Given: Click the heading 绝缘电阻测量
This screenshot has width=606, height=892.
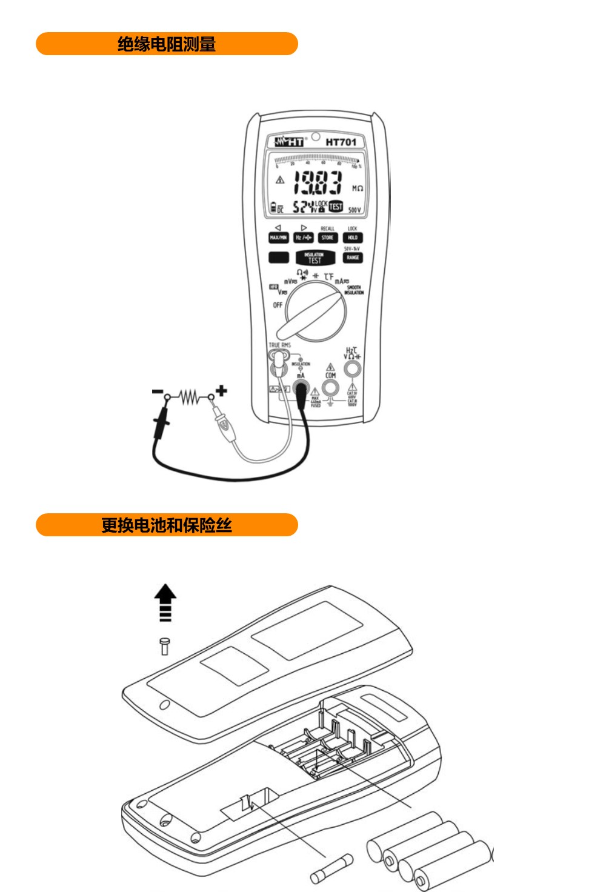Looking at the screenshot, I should pyautogui.click(x=167, y=44).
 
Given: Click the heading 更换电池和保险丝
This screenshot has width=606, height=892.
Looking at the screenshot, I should pyautogui.click(x=167, y=525).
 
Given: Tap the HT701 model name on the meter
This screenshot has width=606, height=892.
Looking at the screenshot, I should pyautogui.click(x=341, y=142).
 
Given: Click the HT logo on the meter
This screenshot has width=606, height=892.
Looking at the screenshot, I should pyautogui.click(x=290, y=142).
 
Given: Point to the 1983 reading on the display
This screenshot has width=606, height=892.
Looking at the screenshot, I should pyautogui.click(x=318, y=182).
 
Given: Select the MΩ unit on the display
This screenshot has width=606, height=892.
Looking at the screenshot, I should pyautogui.click(x=358, y=188).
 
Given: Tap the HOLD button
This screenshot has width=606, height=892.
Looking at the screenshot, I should pyautogui.click(x=353, y=238).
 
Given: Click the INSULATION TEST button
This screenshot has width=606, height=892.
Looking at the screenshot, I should pyautogui.click(x=315, y=258).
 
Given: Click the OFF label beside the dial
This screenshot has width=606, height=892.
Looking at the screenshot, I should pyautogui.click(x=278, y=305).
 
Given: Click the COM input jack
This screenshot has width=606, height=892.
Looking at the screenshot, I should pyautogui.click(x=330, y=387).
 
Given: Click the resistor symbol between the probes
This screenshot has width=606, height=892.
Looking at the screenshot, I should pyautogui.click(x=190, y=398).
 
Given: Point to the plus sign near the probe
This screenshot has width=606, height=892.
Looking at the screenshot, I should pyautogui.click(x=222, y=390).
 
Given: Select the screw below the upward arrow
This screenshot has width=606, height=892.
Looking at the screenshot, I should pyautogui.click(x=164, y=645).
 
